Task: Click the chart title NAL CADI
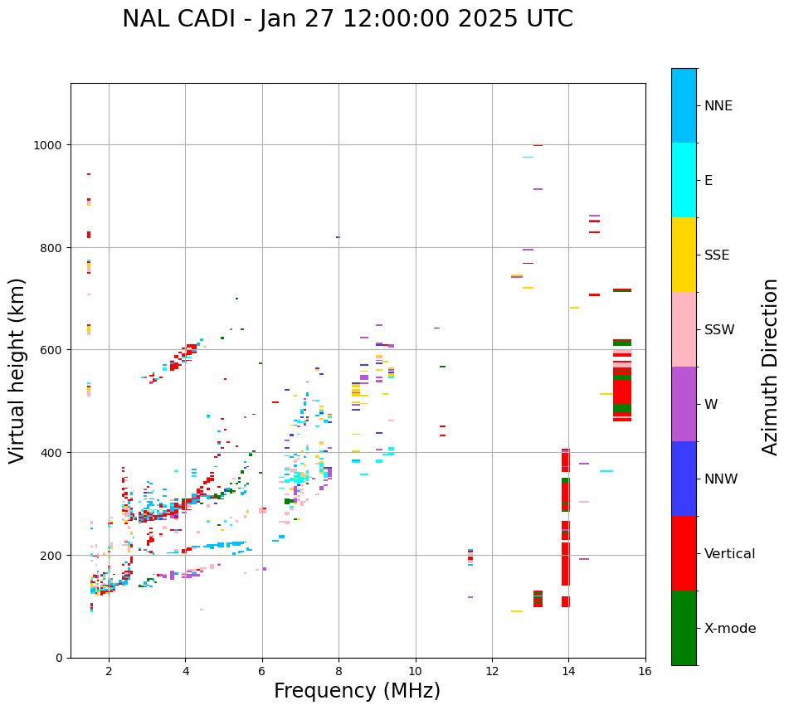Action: (347, 19)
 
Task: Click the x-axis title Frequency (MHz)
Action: (357, 691)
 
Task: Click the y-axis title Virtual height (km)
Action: (18, 370)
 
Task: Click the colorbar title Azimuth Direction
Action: (771, 367)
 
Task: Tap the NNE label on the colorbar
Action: (718, 105)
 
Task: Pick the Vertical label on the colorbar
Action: (729, 553)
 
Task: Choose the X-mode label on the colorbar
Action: (730, 628)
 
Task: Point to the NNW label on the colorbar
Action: (721, 479)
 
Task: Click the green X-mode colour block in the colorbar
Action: (684, 628)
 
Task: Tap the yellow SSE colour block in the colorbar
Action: (684, 255)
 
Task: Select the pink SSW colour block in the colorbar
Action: (684, 329)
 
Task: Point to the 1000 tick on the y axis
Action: (51, 145)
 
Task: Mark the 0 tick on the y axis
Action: (61, 658)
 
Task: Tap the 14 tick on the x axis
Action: (568, 672)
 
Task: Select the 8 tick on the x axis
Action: (338, 672)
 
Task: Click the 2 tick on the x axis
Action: (109, 672)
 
